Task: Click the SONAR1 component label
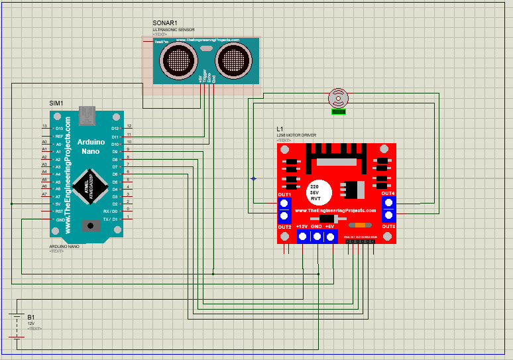point(165,23)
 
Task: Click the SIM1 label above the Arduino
point(56,103)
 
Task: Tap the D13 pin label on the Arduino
point(59,128)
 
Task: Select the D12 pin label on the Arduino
point(115,128)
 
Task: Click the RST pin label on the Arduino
point(58,211)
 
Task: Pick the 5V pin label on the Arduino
point(58,204)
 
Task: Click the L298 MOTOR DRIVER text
point(296,135)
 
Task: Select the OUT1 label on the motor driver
point(284,194)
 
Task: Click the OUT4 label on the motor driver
point(388,193)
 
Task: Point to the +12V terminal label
point(302,227)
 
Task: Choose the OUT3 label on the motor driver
point(388,227)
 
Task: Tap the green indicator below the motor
point(338,111)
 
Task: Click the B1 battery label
point(30,317)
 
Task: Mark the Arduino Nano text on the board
point(91,147)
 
